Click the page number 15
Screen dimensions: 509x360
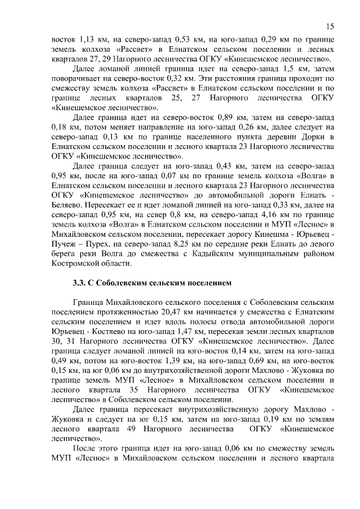pos(330,26)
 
